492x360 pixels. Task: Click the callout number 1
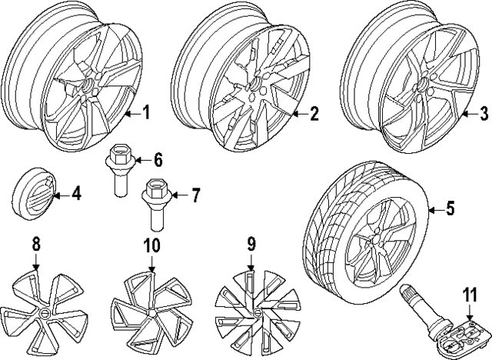point(146,115)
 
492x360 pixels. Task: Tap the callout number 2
point(314,115)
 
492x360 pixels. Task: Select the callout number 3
point(483,115)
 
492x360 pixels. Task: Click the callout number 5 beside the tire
point(450,208)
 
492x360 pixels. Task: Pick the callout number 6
point(158,160)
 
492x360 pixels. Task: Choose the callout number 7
point(195,195)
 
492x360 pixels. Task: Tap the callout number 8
point(35,246)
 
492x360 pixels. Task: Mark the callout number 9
point(250,246)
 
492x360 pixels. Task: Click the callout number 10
point(150,246)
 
